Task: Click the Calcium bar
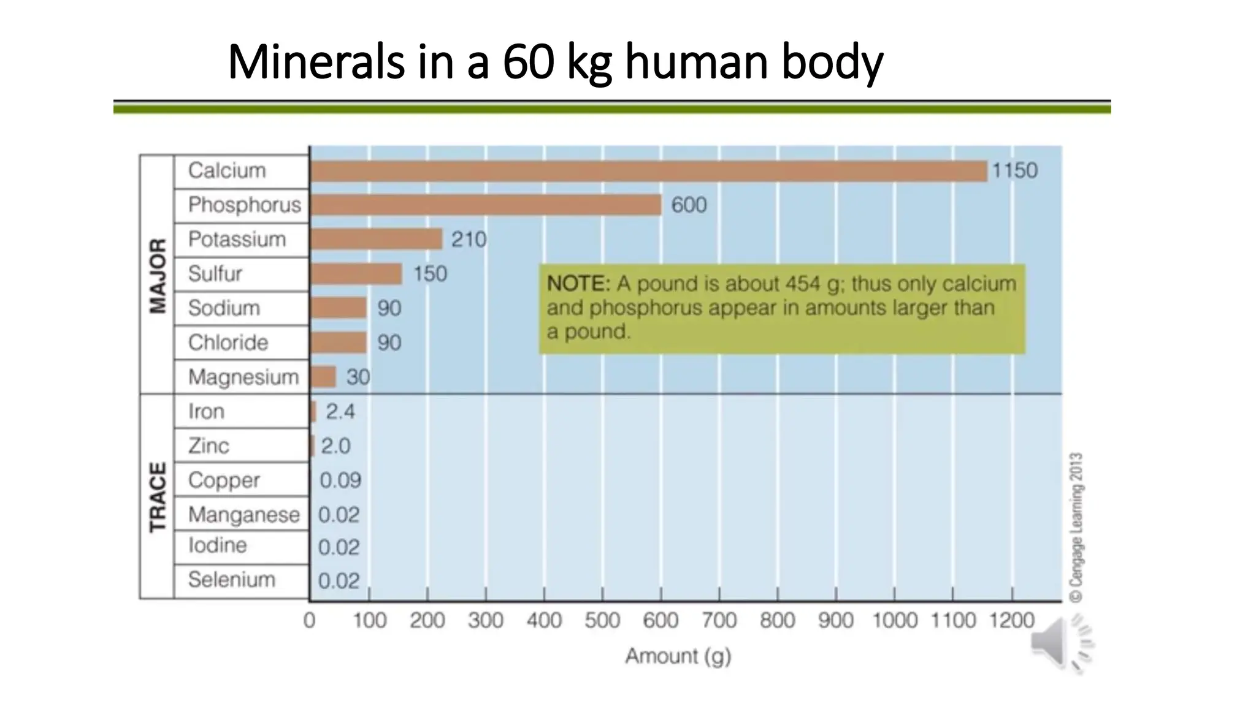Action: [648, 171]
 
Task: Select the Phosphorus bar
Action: [486, 205]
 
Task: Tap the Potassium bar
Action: [376, 239]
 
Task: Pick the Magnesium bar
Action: [323, 377]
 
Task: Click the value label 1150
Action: [1014, 170]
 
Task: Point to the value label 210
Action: [469, 239]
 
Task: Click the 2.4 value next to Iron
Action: [340, 411]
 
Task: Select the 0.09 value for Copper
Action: [340, 480]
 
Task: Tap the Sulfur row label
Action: [215, 273]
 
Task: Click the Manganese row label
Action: [243, 515]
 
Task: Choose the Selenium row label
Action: [231, 579]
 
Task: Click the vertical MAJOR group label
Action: [158, 276]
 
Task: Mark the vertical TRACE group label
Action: [158, 496]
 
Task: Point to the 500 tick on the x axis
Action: [602, 620]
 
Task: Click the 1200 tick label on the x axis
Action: [1011, 620]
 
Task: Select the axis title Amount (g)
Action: [678, 656]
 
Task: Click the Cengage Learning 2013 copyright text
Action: [1076, 527]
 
